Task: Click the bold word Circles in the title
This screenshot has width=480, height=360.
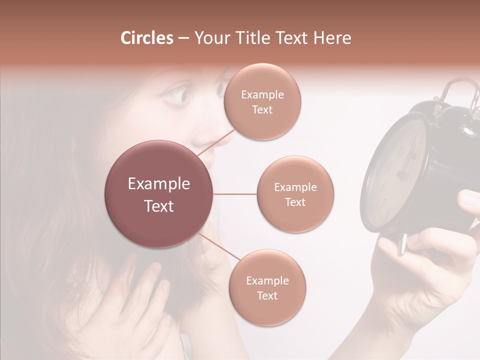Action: tap(146, 38)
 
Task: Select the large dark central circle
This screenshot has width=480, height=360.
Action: tap(159, 194)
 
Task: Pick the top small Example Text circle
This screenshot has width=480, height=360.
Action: tap(262, 101)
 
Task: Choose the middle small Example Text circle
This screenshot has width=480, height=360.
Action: tap(295, 194)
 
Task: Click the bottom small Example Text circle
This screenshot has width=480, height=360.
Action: tap(267, 287)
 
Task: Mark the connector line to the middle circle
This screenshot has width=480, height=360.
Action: tap(235, 194)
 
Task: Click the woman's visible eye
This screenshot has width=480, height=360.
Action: tap(177, 95)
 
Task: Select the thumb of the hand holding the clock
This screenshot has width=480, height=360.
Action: tap(390, 245)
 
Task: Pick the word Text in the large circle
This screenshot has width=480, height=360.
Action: tap(159, 205)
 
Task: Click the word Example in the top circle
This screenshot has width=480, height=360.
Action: tap(262, 94)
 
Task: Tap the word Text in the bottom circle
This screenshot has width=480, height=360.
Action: tap(267, 295)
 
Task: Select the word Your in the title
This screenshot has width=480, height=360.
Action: tap(211, 38)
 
